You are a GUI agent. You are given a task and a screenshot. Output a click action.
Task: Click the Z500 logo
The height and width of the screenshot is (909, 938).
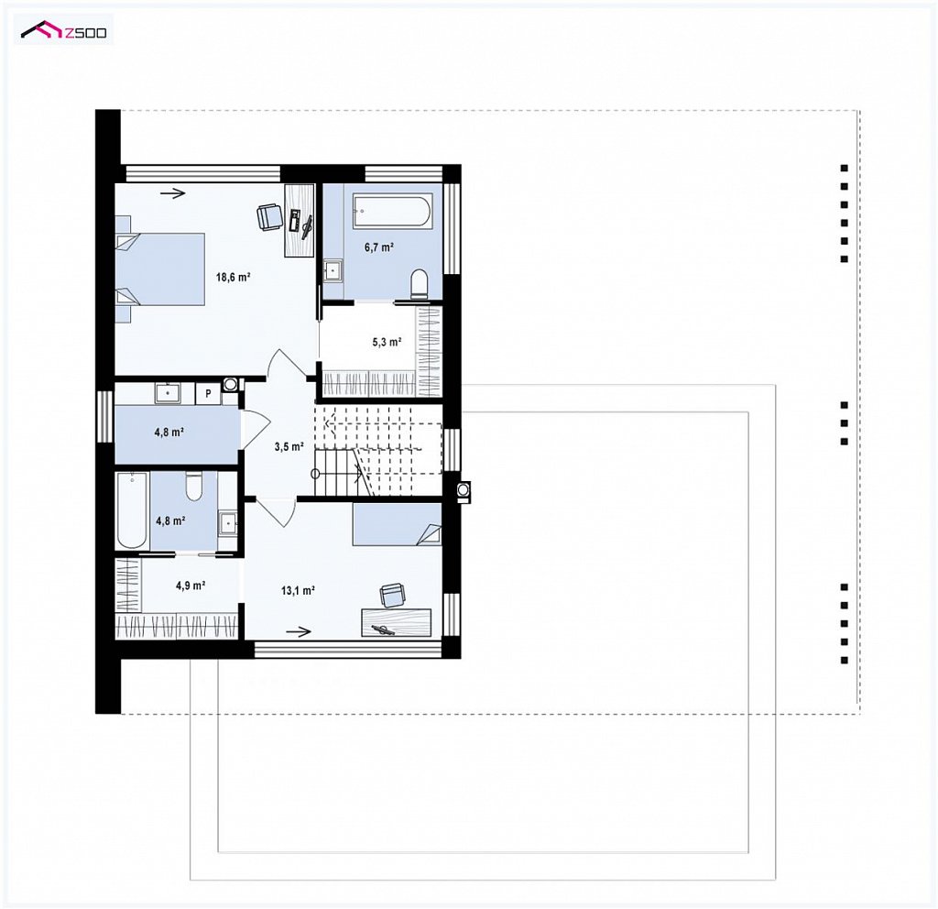[x=63, y=30]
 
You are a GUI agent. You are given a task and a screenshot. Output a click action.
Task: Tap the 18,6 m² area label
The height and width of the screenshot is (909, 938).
[x=233, y=277]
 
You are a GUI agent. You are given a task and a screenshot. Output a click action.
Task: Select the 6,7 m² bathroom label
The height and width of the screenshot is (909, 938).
[x=378, y=247]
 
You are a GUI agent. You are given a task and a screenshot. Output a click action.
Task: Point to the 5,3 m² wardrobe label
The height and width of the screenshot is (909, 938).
[x=387, y=343]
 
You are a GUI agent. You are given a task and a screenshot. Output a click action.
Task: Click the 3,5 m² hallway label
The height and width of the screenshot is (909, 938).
[x=289, y=446]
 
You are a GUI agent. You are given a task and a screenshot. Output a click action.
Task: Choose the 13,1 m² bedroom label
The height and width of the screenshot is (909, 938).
[x=298, y=591]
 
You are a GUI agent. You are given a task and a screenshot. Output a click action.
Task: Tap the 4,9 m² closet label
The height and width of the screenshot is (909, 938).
[x=191, y=586]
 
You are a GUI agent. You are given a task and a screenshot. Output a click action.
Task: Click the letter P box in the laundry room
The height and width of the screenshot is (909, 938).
[x=208, y=393]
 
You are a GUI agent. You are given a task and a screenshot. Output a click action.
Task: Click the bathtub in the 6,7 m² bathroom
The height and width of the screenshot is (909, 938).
[x=392, y=210]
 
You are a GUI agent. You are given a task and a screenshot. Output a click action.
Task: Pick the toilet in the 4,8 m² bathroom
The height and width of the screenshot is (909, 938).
[x=194, y=486]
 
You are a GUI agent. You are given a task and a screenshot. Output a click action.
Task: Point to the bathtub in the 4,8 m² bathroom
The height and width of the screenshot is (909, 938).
[x=132, y=509]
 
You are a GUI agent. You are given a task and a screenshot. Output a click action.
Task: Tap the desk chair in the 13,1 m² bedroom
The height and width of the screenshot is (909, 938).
[x=392, y=595]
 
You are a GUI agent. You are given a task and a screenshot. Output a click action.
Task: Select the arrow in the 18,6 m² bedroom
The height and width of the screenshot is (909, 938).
[x=173, y=192]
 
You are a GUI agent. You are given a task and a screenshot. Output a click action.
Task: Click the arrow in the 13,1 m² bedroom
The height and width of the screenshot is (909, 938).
[x=299, y=631]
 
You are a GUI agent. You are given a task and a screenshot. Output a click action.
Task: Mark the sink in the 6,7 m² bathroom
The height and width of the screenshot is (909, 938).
[x=333, y=270]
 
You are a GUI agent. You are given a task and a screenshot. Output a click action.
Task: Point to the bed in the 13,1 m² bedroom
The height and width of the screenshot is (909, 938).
[x=398, y=525]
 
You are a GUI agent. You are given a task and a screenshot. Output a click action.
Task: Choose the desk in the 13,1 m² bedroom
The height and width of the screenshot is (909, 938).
[x=396, y=622]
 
